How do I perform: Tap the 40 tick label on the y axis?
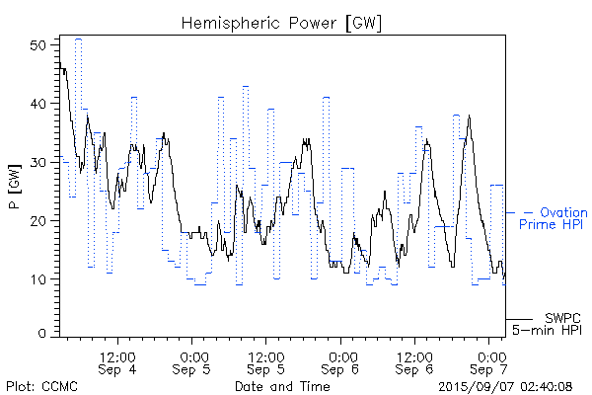pos(39,104)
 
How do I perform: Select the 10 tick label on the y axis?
pos(39,279)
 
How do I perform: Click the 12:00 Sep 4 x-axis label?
pos(117,362)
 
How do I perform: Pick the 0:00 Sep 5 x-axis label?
pos(192,362)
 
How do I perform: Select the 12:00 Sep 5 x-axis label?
pos(266,362)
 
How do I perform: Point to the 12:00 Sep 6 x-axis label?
pos(415,362)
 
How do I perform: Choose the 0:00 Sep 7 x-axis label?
pos(490,362)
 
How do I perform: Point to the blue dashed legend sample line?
pos(520,212)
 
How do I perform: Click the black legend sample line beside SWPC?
pos(520,320)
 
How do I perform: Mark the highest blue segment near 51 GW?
pos(78,39)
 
